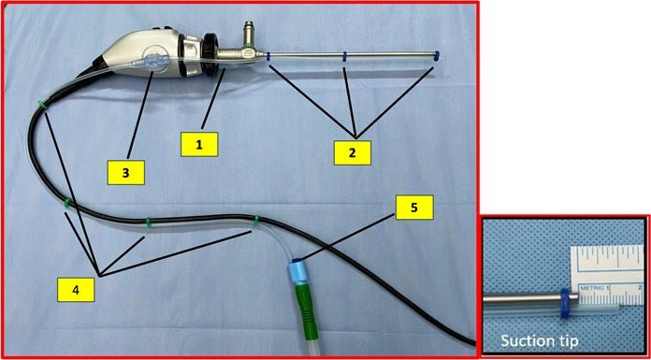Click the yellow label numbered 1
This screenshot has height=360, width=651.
coord(199,145)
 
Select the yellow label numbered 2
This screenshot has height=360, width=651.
coord(353,152)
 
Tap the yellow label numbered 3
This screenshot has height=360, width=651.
coord(125,173)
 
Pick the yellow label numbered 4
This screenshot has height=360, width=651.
coord(76,290)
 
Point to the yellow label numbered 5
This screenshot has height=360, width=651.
coord(414,208)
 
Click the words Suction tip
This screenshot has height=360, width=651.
coord(539,341)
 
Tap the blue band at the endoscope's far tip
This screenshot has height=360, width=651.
coord(436,56)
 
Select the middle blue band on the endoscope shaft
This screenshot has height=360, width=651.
coord(344,57)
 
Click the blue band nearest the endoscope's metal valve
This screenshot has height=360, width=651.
coord(268,57)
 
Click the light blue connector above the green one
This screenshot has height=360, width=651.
coord(297,273)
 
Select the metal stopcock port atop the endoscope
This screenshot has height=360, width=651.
coord(249,34)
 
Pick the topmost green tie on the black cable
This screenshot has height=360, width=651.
coord(42,105)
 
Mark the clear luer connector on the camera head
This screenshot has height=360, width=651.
coord(151,63)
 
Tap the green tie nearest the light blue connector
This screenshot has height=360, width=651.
coord(256,221)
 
